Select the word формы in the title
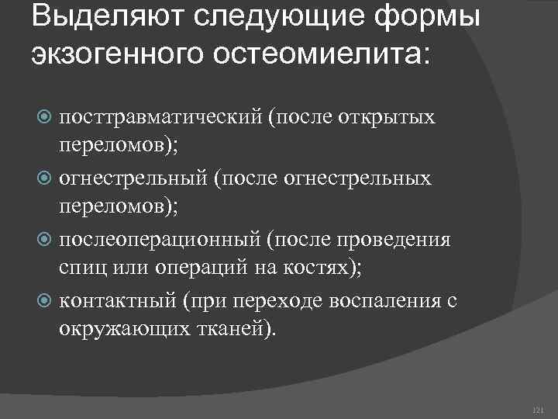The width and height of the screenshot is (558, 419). point(436,17)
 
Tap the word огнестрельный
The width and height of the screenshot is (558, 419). point(135,178)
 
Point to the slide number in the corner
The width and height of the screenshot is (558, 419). point(539,410)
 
